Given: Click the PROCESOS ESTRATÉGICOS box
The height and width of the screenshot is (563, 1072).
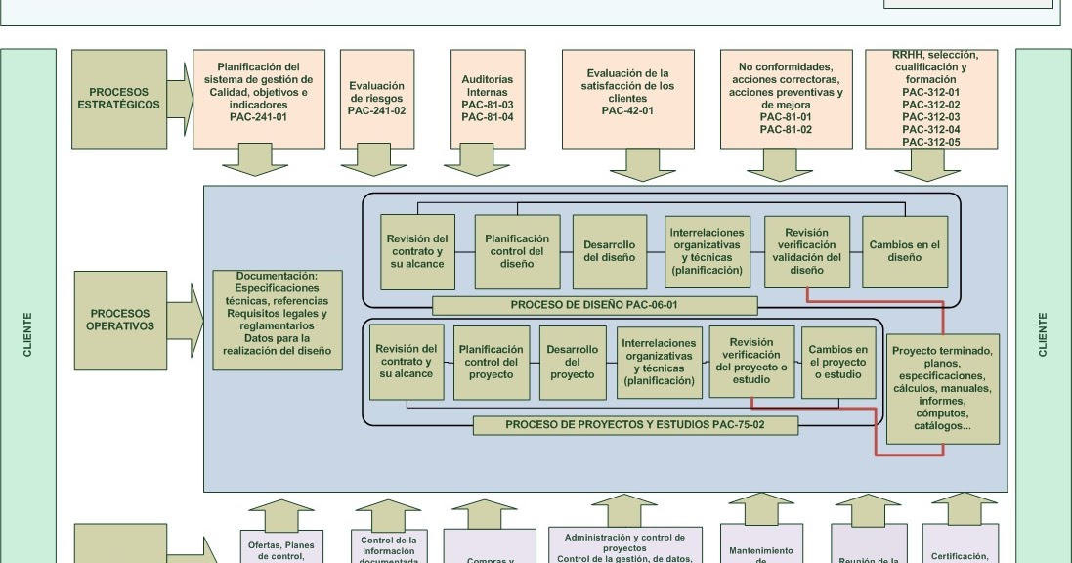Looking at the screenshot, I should (119, 99).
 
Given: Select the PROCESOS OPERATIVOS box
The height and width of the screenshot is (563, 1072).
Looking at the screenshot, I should (119, 320).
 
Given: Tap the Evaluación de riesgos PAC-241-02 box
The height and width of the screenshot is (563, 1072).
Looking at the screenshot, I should (376, 99).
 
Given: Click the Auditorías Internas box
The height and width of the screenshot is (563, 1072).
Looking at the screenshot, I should (487, 99).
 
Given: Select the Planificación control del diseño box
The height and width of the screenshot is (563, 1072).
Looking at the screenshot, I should (517, 251).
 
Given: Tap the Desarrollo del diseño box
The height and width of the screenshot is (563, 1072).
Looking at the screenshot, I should (610, 251).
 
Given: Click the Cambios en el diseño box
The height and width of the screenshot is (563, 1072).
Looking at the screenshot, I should (904, 251).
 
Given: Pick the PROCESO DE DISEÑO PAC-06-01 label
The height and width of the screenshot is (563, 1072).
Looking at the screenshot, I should (593, 305).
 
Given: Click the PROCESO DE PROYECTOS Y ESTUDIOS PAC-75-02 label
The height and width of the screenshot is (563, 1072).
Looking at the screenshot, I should (635, 425).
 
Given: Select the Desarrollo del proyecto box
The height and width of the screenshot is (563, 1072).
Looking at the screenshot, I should (572, 363).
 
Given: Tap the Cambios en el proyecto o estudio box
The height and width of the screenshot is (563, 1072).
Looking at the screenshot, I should (837, 363).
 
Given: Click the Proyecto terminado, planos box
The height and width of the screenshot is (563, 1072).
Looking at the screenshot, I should (942, 389).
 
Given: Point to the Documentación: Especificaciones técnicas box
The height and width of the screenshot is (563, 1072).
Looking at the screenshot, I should (278, 320).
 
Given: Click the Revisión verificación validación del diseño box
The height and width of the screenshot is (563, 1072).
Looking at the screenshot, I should (806, 251).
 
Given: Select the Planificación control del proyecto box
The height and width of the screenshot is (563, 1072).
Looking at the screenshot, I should (491, 363).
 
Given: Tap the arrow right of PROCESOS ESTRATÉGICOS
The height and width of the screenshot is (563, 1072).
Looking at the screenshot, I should (180, 99).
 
